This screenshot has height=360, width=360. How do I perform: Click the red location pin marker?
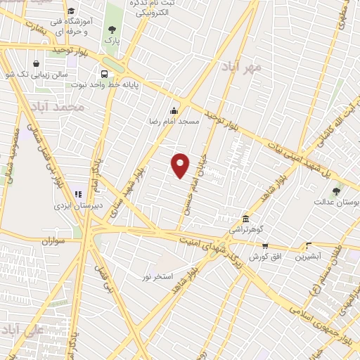click(181, 165)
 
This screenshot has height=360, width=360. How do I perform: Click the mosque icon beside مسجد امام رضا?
click(174, 110)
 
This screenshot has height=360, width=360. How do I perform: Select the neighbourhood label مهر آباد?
click(240, 67)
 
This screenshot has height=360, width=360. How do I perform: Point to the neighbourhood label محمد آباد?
click(58, 108)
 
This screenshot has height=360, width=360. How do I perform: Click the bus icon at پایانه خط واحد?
click(105, 74)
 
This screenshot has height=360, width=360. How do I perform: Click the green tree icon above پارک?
click(111, 30)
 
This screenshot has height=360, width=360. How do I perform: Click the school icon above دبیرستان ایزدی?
click(77, 194)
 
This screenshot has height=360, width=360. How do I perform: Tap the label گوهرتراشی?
click(246, 230)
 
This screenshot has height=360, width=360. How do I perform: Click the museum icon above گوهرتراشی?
click(245, 219)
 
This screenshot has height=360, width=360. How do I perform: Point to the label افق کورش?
click(266, 257)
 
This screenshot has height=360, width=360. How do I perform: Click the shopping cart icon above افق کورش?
click(265, 246)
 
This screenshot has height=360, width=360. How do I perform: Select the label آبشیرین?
click(308, 257)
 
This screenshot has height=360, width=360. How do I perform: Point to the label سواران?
click(53, 240)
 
